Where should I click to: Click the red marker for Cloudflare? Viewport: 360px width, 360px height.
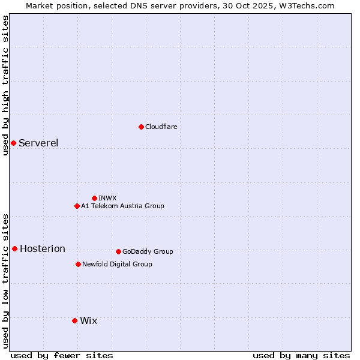tap(141, 127)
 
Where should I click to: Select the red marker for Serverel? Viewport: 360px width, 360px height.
tap(13, 143)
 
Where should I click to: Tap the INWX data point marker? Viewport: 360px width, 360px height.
tap(94, 198)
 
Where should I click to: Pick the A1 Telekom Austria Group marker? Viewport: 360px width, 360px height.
tap(77, 206)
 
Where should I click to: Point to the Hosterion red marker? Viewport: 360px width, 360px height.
tap(14, 248)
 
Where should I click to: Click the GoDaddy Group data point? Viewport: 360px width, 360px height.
tap(118, 251)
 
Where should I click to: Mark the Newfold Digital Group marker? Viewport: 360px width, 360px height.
tap(78, 264)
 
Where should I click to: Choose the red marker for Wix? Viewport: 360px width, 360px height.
tap(74, 320)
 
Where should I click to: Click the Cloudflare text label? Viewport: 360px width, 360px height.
tap(161, 127)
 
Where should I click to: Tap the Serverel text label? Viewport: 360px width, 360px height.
tap(38, 143)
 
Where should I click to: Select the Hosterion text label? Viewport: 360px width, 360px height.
tap(43, 248)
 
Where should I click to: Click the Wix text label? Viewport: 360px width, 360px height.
tap(88, 320)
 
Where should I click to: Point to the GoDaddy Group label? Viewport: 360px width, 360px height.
tap(148, 251)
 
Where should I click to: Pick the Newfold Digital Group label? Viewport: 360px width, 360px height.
tap(117, 264)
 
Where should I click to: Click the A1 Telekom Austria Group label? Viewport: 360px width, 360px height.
tap(122, 206)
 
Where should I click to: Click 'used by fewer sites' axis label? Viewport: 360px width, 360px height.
tap(62, 355)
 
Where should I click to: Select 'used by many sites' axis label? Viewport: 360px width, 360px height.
tap(301, 355)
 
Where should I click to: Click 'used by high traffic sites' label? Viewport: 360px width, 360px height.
tap(5, 85)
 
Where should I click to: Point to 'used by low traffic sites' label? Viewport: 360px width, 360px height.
tap(5, 281)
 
